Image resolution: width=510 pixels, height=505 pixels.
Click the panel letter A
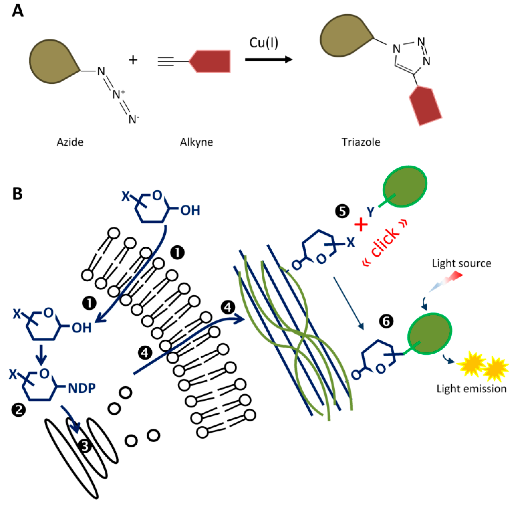tap(18, 11)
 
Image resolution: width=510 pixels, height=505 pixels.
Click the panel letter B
tap(17, 194)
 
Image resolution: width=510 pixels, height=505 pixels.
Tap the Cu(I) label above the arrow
tap(263, 43)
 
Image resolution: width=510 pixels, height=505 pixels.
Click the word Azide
tap(70, 142)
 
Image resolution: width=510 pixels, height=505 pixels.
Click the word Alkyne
tap(196, 142)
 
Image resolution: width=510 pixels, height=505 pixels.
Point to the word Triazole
tap(361, 142)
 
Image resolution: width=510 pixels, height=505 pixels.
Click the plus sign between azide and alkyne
tap(133, 60)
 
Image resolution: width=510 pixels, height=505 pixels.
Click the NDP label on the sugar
tap(82, 388)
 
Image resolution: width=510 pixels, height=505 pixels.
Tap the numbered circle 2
tap(19, 410)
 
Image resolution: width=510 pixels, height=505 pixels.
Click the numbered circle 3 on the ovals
tap(85, 446)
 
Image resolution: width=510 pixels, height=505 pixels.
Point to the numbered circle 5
tap(342, 211)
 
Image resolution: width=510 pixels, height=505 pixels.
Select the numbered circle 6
tap(386, 322)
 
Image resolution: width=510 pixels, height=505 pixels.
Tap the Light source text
tap(461, 263)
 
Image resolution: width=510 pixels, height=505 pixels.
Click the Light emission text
tap(471, 389)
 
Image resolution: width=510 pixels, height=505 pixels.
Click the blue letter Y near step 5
tap(371, 211)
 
